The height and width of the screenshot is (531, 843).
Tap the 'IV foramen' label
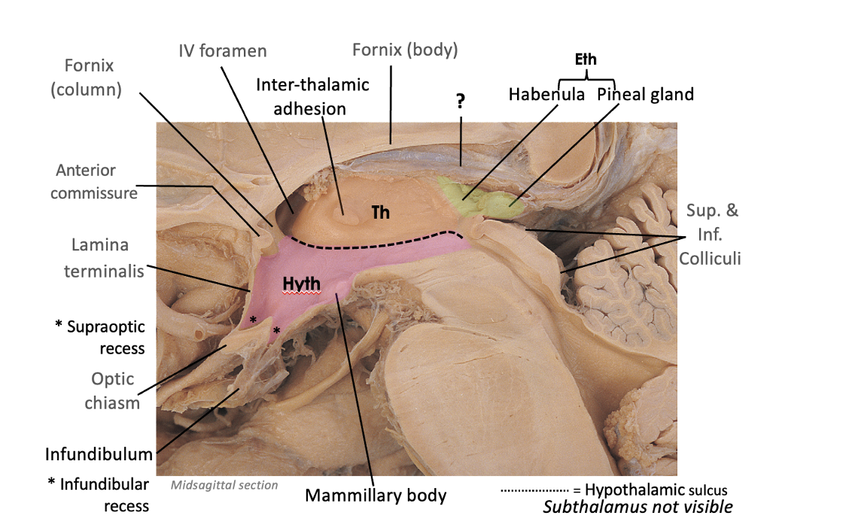pos(222,51)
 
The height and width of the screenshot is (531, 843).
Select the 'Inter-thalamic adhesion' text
pos(311,96)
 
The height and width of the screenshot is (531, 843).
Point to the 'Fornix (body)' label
pos(405,50)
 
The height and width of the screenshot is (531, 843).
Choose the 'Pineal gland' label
pos(645,95)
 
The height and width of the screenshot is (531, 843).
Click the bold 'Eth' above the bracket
pos(586,59)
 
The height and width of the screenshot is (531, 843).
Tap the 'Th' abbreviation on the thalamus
pos(381,212)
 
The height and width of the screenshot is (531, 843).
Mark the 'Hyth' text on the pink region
pos(303,284)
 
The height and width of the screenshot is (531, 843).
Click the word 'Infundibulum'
pos(99,454)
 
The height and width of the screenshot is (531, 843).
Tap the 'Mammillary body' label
pos(376,496)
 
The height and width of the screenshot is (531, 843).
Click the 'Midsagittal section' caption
pos(224,485)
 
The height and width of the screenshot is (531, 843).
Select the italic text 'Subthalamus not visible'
pos(638,507)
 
